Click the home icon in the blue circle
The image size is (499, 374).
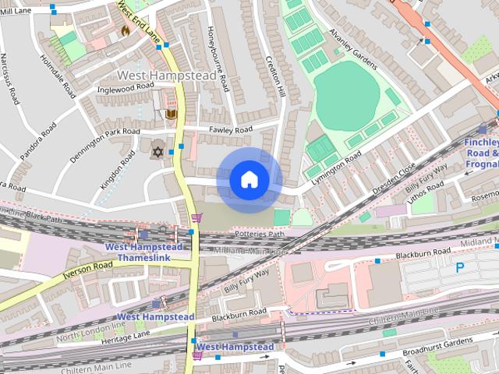(249, 180)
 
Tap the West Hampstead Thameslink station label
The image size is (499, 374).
(144, 252)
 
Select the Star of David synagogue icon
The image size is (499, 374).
(157, 150)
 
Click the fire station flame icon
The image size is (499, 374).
(125, 31)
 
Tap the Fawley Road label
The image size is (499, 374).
(231, 129)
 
